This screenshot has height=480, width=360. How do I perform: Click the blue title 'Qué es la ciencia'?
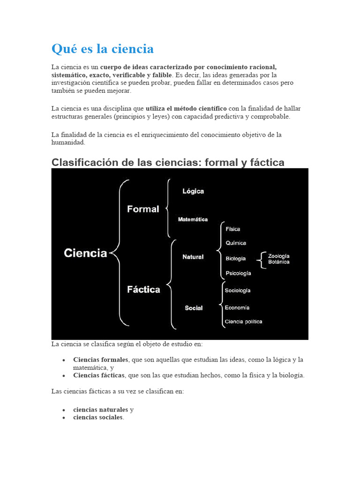(x=103, y=49)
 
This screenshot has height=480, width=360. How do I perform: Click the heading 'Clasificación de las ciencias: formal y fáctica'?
(x=168, y=163)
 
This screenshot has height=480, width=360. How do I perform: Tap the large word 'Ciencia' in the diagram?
(x=85, y=253)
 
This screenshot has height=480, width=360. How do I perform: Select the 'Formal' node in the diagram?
(x=143, y=209)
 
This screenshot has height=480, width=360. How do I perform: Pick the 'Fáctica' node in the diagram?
(x=143, y=290)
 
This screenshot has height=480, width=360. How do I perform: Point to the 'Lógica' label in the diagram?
(x=193, y=191)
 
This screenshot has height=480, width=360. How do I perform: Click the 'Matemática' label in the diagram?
(x=193, y=219)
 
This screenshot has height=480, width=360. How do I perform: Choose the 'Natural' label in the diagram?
(x=193, y=257)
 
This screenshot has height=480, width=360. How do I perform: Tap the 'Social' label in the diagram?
(x=194, y=308)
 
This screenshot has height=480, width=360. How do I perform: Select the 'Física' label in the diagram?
(x=233, y=229)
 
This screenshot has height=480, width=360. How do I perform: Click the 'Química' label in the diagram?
(x=236, y=243)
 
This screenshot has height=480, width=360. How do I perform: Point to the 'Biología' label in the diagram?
(x=236, y=258)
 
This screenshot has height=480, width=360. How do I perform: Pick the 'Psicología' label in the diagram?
(x=238, y=273)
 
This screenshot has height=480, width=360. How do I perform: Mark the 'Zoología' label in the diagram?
(x=279, y=256)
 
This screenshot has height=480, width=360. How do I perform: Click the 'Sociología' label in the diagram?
(x=238, y=291)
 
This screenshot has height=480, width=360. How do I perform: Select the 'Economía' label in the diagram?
(x=237, y=307)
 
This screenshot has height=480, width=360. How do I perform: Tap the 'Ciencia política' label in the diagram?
(x=243, y=322)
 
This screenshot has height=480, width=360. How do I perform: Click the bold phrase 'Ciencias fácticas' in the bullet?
(x=99, y=375)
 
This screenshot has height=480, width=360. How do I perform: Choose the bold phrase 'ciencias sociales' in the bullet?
(x=98, y=417)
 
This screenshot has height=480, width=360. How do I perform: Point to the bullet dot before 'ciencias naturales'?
(x=63, y=410)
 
